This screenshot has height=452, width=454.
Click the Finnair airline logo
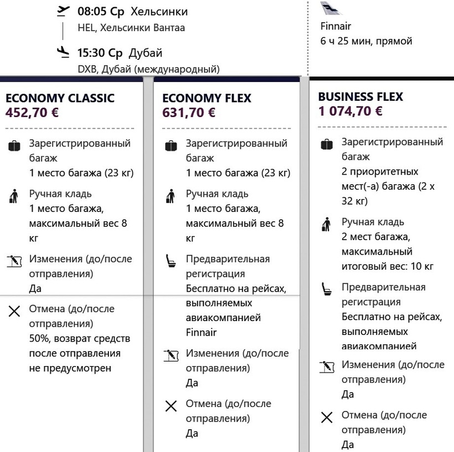click(331, 9)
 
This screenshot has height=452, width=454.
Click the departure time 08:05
click(92, 12)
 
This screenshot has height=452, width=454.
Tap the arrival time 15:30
click(92, 54)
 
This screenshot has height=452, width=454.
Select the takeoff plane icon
click(64, 11)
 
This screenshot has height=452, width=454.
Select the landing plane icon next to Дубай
click(64, 53)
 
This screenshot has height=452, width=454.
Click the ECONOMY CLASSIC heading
click(60, 98)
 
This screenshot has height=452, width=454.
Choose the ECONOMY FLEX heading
click(207, 98)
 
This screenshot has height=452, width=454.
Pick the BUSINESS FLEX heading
click(360, 97)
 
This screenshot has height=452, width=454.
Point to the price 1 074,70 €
click(350, 111)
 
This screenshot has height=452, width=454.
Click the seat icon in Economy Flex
click(171, 261)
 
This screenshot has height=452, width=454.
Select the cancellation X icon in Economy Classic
click(14, 312)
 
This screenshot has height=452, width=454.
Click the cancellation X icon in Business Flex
click(327, 418)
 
